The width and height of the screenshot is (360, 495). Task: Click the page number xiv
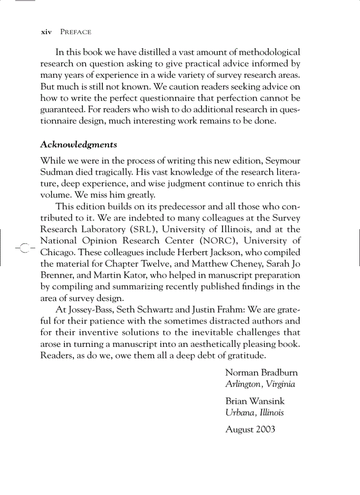[46, 32]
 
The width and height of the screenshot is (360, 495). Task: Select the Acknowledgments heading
[79, 145]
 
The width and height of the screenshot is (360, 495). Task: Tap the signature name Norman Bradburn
[261, 372]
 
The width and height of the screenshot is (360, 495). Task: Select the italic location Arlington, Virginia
[260, 384]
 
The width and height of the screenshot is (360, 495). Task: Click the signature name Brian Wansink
[255, 401]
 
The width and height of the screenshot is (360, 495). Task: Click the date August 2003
[250, 429]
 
